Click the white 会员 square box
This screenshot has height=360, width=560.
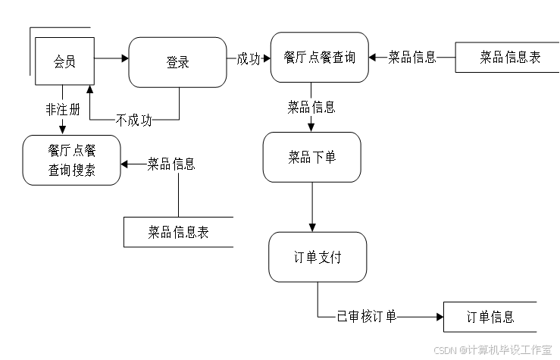[x=64, y=61]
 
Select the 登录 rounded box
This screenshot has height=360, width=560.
[x=177, y=62]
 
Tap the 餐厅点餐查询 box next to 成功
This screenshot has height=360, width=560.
[x=319, y=57]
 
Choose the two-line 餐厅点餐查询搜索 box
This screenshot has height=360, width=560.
[x=71, y=160]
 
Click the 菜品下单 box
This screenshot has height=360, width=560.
[x=311, y=157]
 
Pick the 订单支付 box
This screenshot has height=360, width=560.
[x=318, y=257]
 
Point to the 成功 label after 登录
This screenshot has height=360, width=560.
[x=249, y=59]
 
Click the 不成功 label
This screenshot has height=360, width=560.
[x=133, y=120]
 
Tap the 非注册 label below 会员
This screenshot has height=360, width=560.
[x=62, y=110]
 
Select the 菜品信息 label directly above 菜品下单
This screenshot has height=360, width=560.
[x=311, y=107]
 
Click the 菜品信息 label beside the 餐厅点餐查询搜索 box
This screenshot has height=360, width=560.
[x=171, y=164]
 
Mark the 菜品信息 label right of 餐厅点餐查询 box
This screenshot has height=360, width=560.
[x=412, y=58]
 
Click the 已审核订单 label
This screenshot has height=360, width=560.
[x=366, y=316]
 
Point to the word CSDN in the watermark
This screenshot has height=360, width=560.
[x=444, y=349]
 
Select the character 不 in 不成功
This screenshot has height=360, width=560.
[x=121, y=120]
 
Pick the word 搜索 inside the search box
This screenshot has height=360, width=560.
[x=84, y=171]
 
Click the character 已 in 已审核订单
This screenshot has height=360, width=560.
[x=342, y=316]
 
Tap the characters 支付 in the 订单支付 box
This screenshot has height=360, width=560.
[x=330, y=257]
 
